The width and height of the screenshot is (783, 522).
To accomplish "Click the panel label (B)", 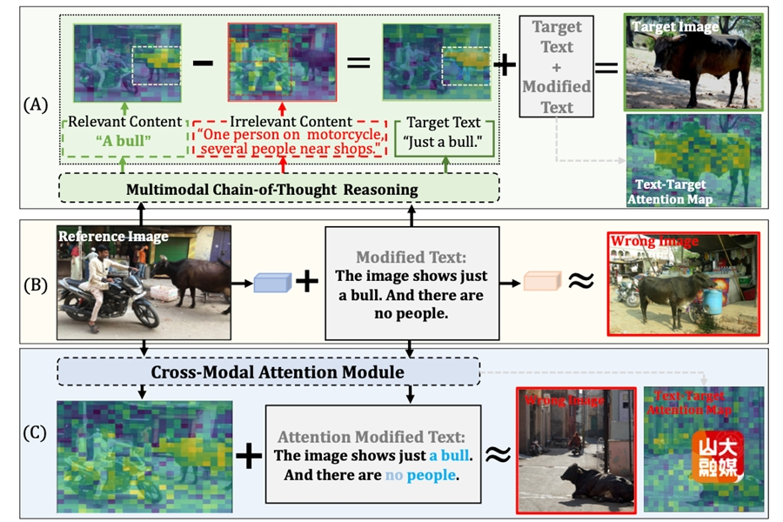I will click(x=37, y=281).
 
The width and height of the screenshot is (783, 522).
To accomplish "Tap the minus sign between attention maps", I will click(x=203, y=64).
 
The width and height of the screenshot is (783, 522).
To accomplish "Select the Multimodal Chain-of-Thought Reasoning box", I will click(x=278, y=189).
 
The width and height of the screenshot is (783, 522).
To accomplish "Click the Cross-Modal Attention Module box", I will click(x=267, y=371).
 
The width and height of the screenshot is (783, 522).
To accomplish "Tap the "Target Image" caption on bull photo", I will click(x=675, y=27).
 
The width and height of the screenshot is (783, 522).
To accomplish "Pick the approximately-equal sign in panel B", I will click(x=580, y=281).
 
